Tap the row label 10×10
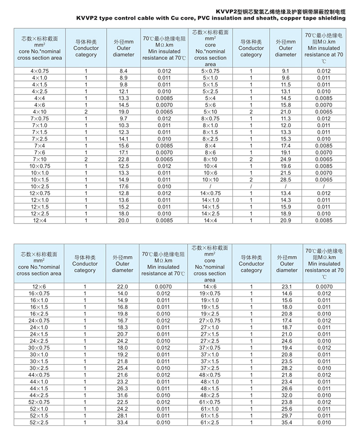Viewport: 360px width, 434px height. click(209, 179)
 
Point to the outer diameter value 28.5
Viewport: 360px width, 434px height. click(286, 179)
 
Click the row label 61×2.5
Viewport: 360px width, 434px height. click(210, 422)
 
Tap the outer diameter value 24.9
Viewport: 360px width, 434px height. click(286, 159)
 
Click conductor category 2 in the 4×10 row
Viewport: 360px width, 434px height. click(85, 112)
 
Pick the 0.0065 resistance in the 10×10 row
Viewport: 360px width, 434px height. click(324, 179)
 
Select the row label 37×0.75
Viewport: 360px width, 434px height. click(210, 348)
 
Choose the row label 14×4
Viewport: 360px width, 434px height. click(209, 220)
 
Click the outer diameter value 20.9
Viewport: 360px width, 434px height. click(286, 220)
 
